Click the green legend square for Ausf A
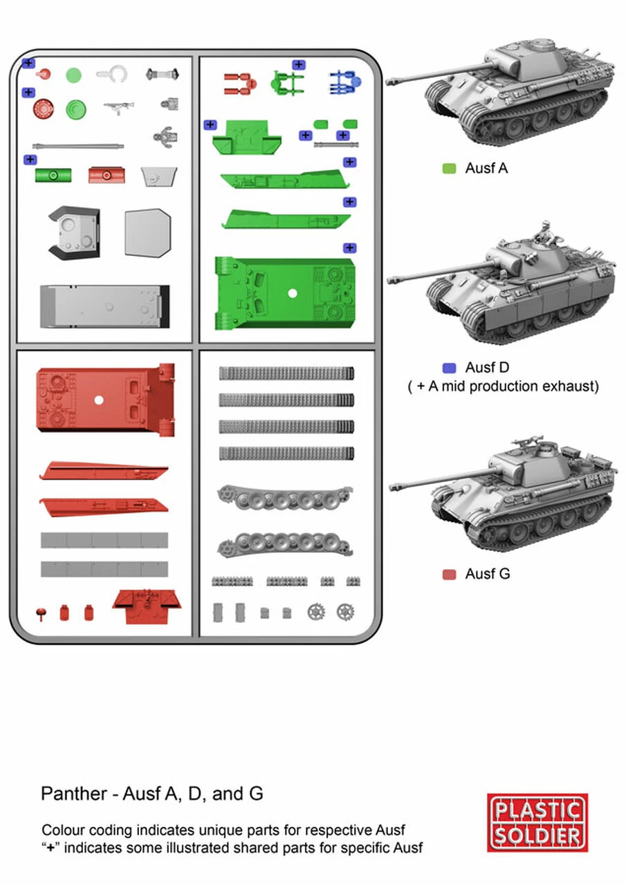pos(449,169)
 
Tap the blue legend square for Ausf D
pos(449,369)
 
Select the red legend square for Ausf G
pos(449,575)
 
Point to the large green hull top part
pos(285,292)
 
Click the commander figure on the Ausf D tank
pos(545,233)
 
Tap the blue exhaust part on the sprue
pos(345,82)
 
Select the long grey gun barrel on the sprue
pos(78,146)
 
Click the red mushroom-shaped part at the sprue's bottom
pos(41,613)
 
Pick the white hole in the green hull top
pos(293,293)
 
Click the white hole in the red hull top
pos(99,400)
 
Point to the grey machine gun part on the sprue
pos(118,107)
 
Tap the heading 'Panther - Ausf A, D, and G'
pos(152,793)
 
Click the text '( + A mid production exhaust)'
pos(503,386)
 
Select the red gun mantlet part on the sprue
pos(107,175)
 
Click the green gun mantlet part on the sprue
pos(53,175)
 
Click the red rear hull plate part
pos(147,607)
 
